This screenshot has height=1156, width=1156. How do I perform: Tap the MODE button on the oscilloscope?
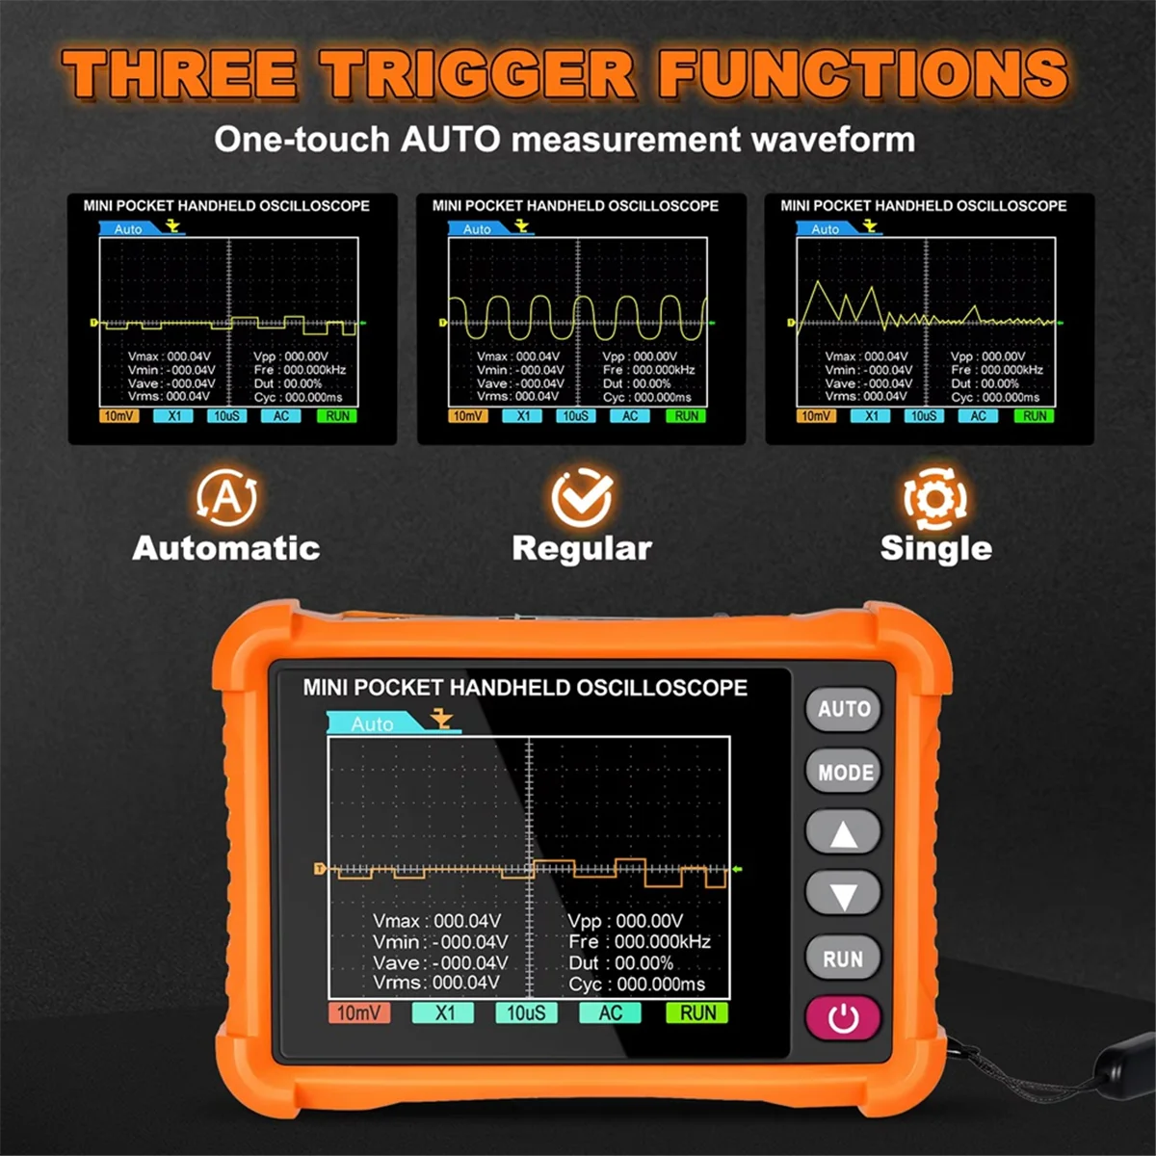845,773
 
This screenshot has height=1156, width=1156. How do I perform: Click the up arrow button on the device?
843,833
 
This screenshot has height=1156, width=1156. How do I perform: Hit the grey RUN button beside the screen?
843,959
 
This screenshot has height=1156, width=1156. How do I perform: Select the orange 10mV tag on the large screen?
358,1012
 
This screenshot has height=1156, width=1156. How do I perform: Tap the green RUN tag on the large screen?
697,1012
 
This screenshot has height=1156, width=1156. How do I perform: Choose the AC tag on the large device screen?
610,1012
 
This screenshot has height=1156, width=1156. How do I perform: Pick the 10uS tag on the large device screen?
526,1012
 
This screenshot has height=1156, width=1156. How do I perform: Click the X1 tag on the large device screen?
443,1012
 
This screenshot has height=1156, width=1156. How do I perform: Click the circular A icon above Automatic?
226,497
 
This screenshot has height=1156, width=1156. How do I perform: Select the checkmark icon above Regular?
582,497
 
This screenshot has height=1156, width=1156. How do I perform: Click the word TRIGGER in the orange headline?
478,74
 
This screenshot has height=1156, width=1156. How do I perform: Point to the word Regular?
582,548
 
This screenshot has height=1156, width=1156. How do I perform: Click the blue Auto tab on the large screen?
374,723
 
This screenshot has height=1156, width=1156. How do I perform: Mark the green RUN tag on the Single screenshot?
1035,416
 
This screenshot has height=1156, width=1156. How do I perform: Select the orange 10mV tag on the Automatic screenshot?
118,416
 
